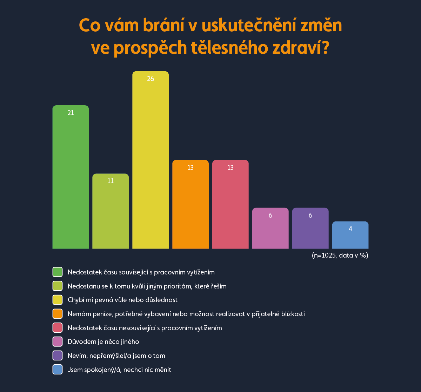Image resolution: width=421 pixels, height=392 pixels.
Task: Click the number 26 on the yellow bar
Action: pyautogui.click(x=151, y=79)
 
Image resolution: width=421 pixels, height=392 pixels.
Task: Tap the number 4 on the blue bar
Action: pyautogui.click(x=350, y=229)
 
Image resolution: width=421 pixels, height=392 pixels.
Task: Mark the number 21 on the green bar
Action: pyautogui.click(x=71, y=113)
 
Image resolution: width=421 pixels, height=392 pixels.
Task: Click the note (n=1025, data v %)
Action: pyautogui.click(x=340, y=255)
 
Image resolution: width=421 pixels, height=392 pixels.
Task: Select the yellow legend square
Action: pyautogui.click(x=57, y=300)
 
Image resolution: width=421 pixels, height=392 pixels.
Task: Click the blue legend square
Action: pyautogui.click(x=57, y=370)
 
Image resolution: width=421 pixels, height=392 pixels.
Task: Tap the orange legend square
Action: pyautogui.click(x=57, y=314)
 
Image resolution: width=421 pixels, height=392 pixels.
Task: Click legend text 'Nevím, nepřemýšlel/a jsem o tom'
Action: pyautogui.click(x=116, y=356)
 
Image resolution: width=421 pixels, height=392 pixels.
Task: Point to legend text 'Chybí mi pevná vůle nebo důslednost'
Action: pyautogui.click(x=122, y=300)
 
